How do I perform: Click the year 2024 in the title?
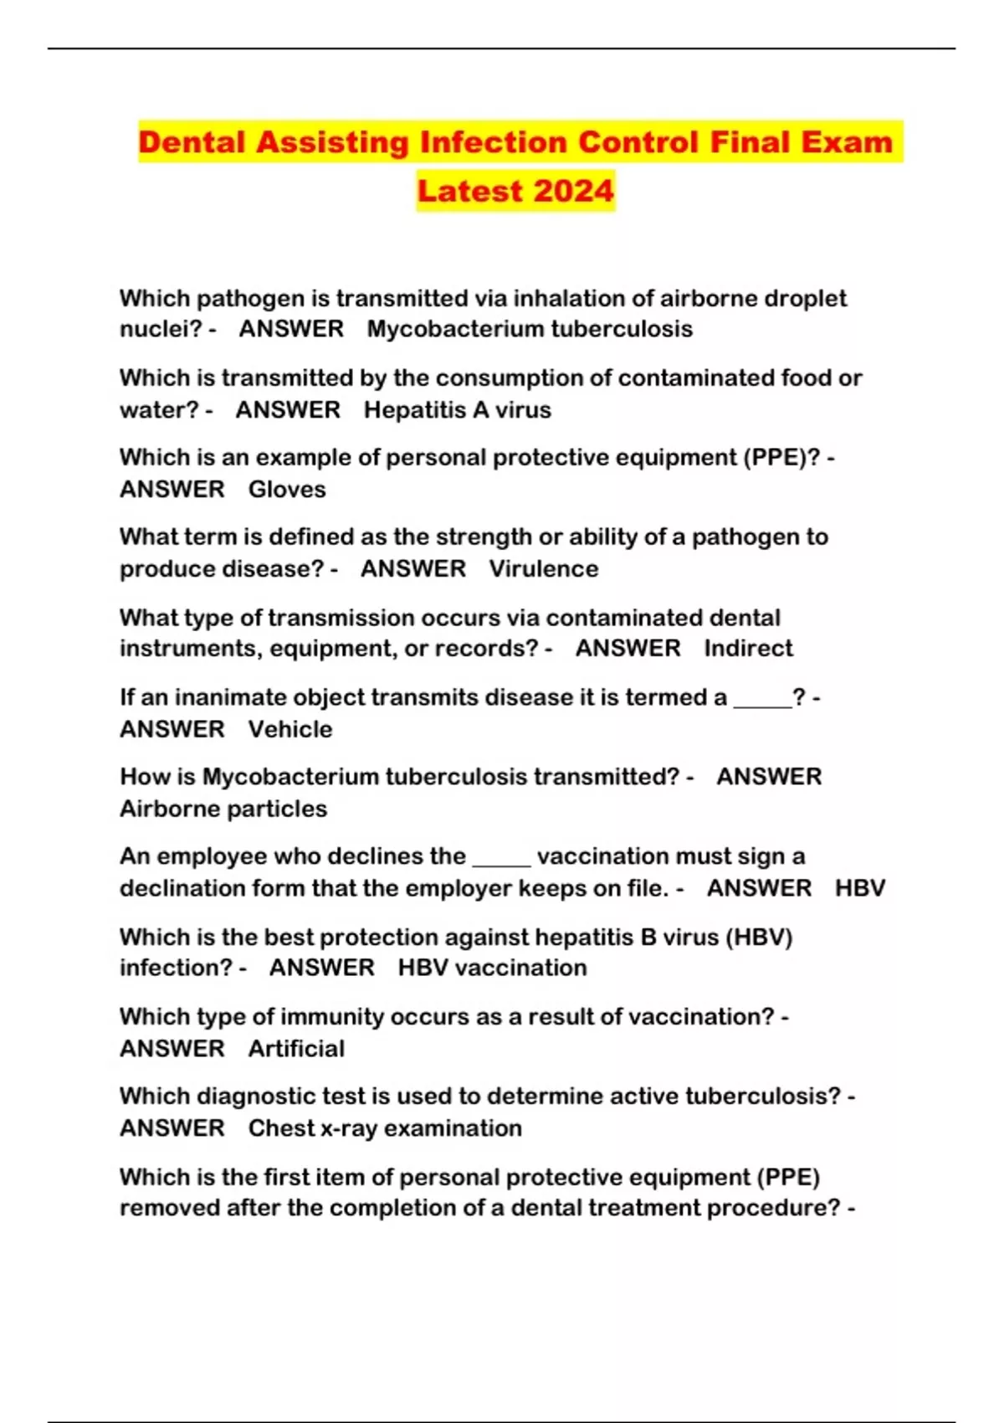[x=573, y=191]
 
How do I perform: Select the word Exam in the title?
[x=846, y=142]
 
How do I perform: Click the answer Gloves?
[x=287, y=490]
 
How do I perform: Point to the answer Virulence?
[x=544, y=569]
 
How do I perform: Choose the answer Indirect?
[x=748, y=649]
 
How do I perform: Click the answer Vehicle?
[x=290, y=729]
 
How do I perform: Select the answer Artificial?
[x=296, y=1049]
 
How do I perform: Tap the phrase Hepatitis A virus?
[x=458, y=410]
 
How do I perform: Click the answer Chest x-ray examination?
[x=385, y=1128]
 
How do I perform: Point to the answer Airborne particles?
[x=223, y=809]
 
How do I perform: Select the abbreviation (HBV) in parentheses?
[x=758, y=937]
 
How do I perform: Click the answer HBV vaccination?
[x=492, y=968]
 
